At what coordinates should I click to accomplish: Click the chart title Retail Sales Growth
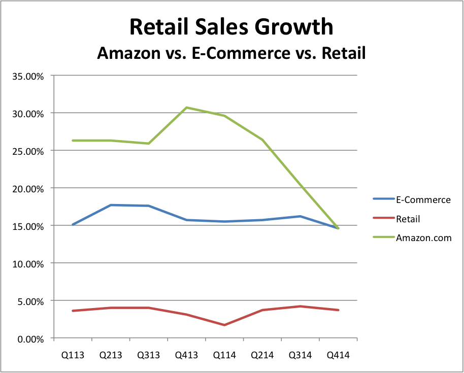click(231, 27)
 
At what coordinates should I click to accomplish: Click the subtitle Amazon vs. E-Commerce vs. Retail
click(231, 53)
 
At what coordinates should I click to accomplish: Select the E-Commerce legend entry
click(423, 200)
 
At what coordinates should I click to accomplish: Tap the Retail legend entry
click(408, 219)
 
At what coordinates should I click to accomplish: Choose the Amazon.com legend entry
click(423, 238)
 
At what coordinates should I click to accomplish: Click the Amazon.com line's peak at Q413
click(186, 108)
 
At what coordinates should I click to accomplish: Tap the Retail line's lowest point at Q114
click(224, 325)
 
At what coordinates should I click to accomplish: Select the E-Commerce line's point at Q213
click(111, 205)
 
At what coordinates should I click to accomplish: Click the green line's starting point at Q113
click(73, 141)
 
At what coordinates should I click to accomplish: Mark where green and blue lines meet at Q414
click(338, 228)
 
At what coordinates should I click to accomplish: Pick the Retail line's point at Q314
click(301, 307)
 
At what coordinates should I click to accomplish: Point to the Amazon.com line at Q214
click(262, 140)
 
